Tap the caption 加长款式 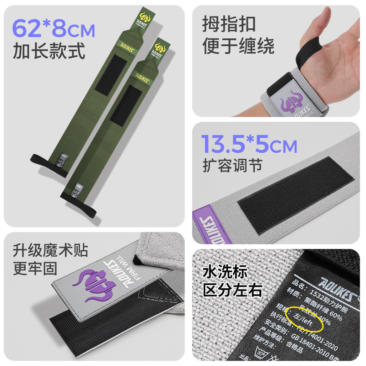click(x=49, y=51)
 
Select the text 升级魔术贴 click(x=50, y=250)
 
